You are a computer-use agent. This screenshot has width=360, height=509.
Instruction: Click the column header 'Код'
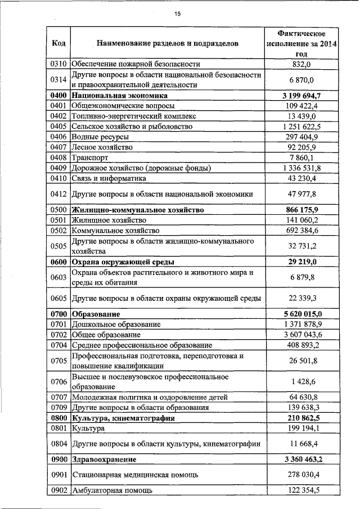(x=58, y=43)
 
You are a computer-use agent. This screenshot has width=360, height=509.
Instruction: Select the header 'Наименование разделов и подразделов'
(x=167, y=43)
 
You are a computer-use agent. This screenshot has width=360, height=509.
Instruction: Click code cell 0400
(x=58, y=96)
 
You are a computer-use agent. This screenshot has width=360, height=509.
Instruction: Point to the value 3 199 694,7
(x=302, y=96)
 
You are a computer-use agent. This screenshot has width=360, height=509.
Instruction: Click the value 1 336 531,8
(x=302, y=168)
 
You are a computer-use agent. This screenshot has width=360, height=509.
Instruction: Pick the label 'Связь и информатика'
(x=109, y=178)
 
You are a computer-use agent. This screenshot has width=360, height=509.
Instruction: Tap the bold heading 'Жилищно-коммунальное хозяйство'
(x=137, y=210)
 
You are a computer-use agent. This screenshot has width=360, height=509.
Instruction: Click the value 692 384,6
(x=302, y=231)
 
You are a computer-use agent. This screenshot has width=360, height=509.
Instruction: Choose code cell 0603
(x=58, y=277)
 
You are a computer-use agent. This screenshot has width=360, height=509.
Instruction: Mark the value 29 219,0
(x=302, y=262)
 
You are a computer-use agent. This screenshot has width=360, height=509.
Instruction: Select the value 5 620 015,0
(x=302, y=314)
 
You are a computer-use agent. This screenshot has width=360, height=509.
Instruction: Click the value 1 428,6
(x=302, y=382)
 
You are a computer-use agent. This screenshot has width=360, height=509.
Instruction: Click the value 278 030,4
(x=302, y=475)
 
